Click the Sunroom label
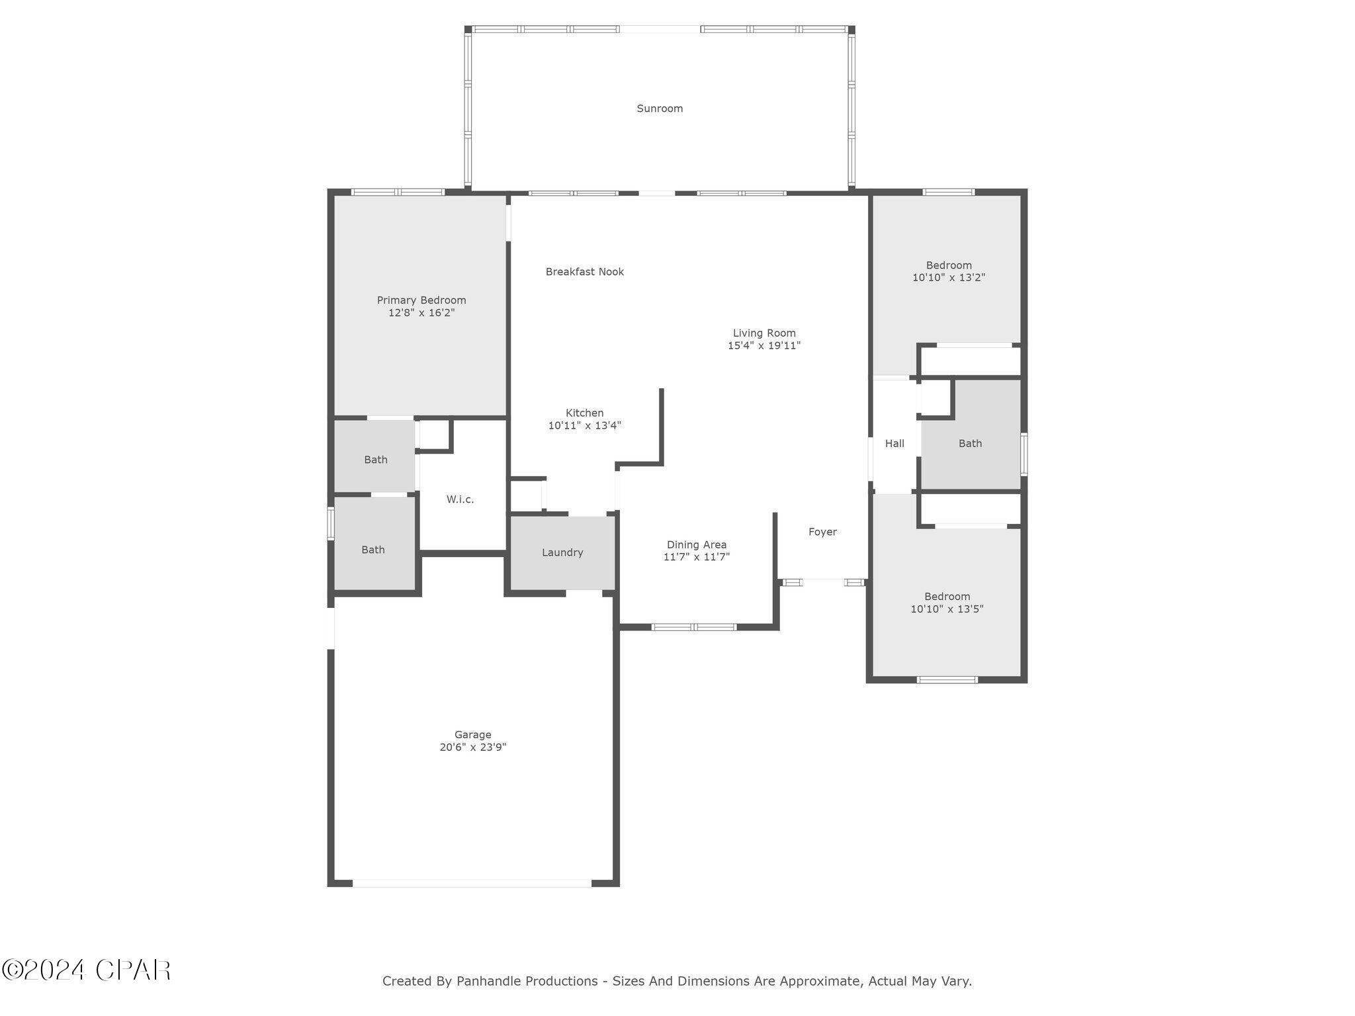(659, 108)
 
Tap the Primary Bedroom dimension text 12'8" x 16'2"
(421, 313)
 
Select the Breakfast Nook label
(584, 272)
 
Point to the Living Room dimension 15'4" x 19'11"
(764, 345)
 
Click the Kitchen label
(584, 413)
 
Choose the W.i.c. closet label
(460, 499)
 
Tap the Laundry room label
(562, 552)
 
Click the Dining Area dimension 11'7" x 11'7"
(696, 557)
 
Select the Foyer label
(822, 532)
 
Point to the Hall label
(895, 443)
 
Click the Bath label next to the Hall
(970, 443)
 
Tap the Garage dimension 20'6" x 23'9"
(472, 747)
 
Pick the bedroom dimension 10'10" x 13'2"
(949, 278)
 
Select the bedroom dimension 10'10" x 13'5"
(947, 609)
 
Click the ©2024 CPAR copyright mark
(86, 970)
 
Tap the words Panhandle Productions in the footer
(527, 981)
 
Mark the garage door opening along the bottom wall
(472, 883)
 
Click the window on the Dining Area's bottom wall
(693, 627)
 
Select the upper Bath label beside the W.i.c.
(375, 460)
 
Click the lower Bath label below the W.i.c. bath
(372, 550)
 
